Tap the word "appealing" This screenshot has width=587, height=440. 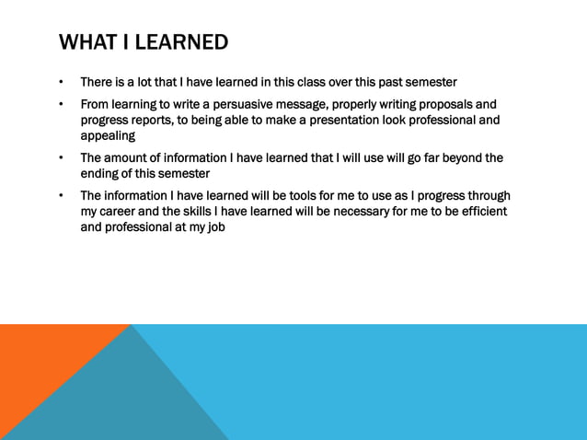point(108,135)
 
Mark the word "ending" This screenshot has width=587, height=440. point(101,173)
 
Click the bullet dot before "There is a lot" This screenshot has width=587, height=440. point(61,82)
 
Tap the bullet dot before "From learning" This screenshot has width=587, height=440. point(61,104)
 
